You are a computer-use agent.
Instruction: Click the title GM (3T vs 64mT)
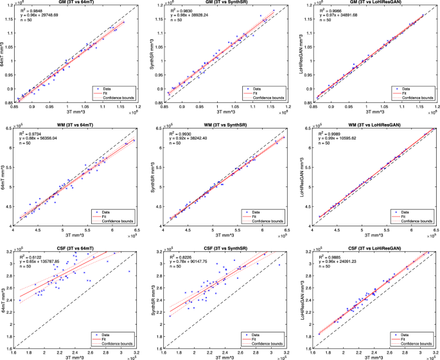(72, 4)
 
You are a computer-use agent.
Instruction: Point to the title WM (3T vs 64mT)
(72, 124)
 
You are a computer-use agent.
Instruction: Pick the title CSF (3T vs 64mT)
(72, 244)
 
